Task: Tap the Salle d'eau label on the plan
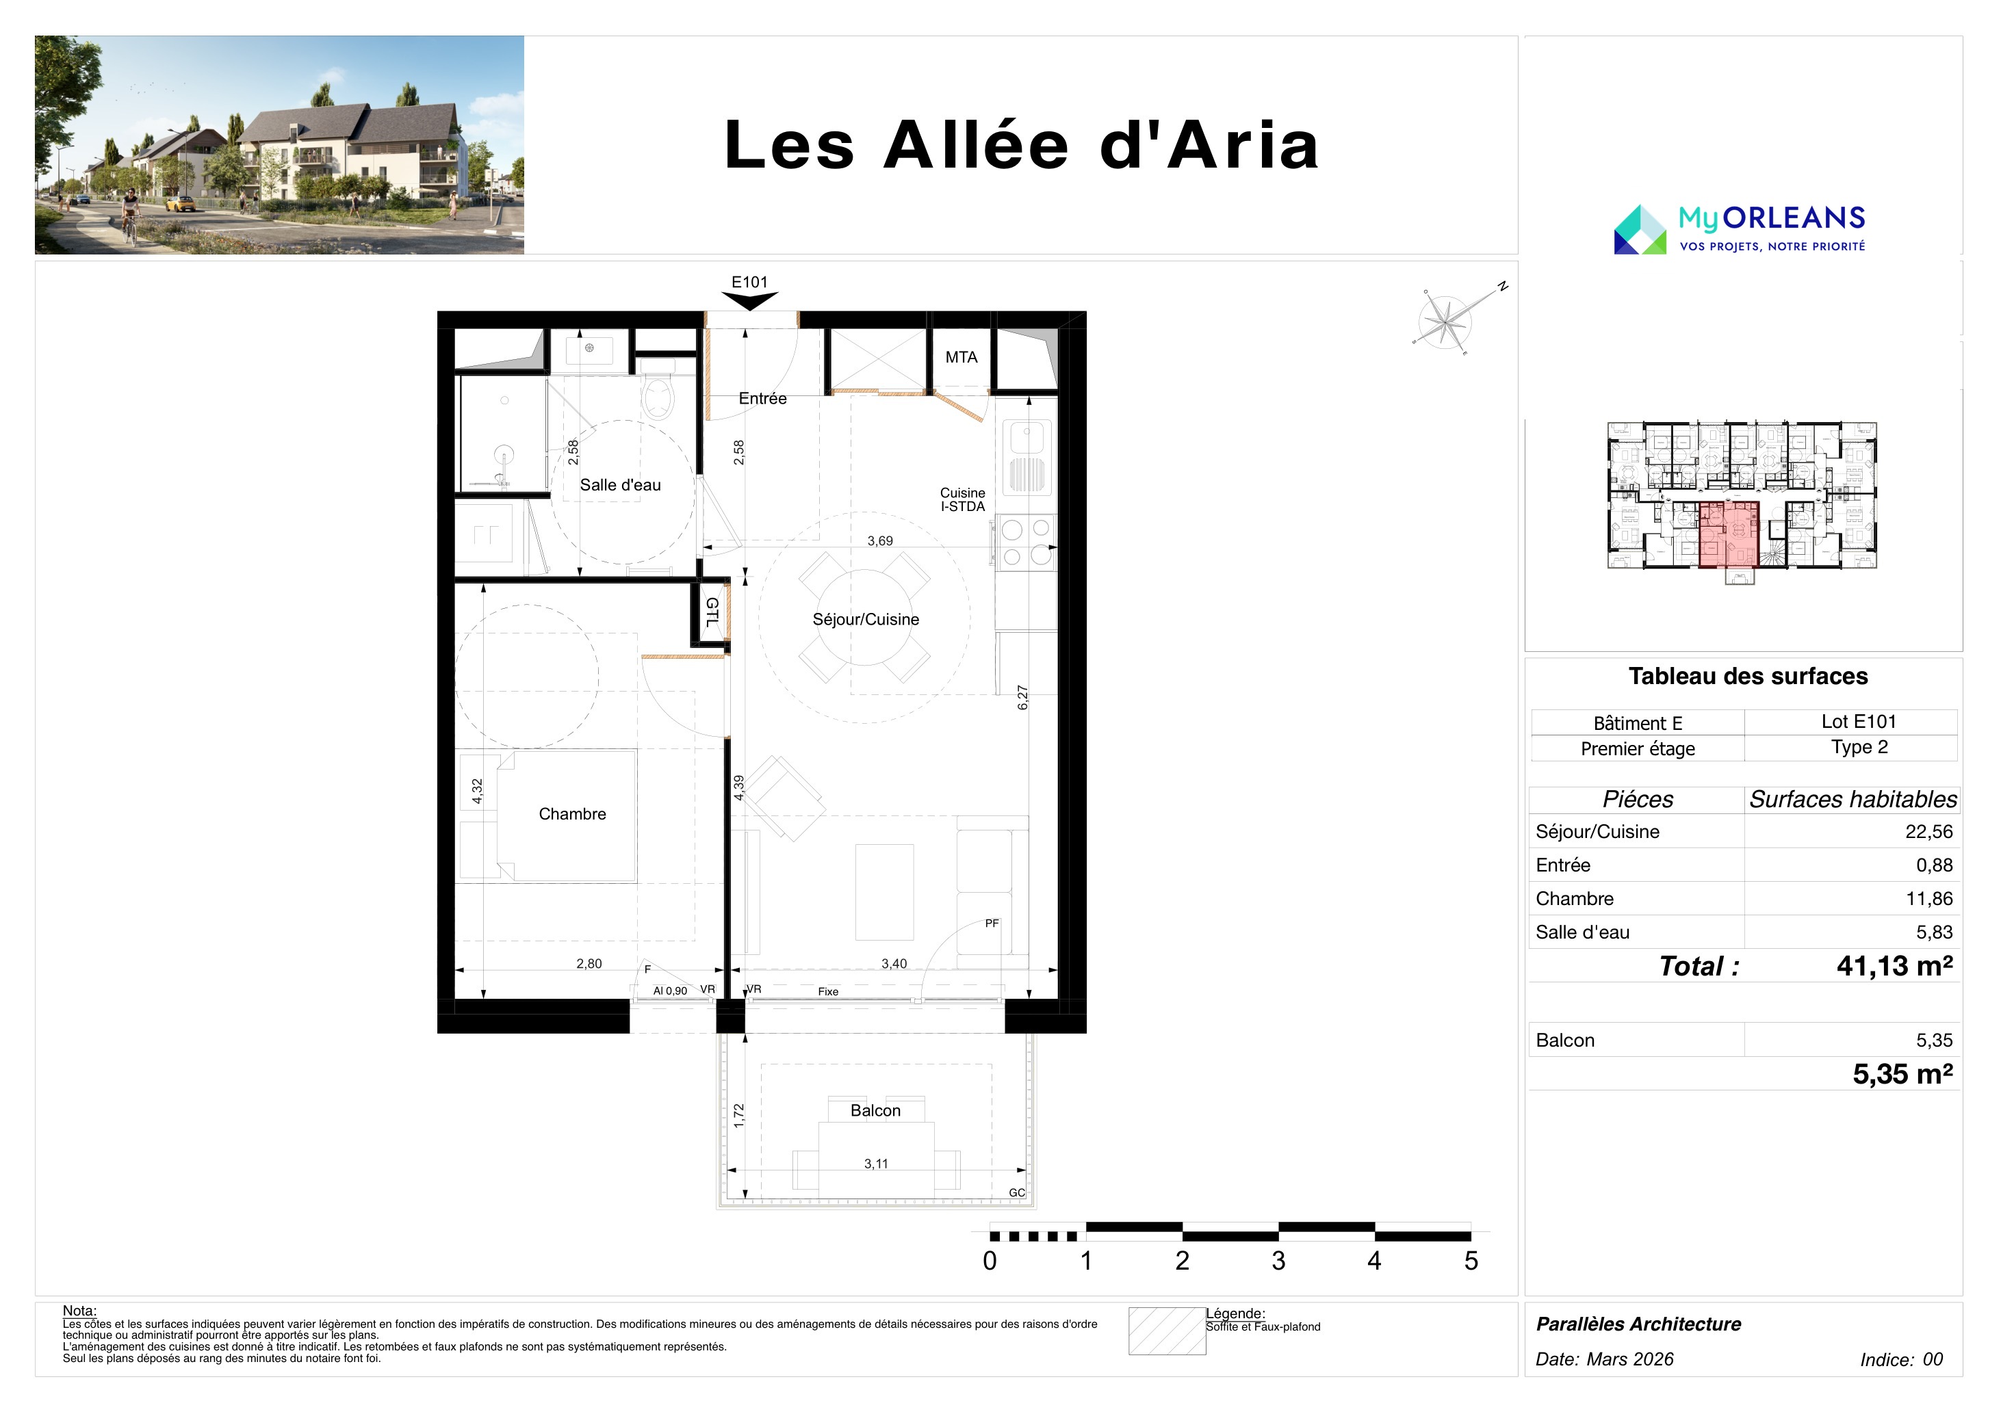(x=621, y=485)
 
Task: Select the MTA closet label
(x=961, y=357)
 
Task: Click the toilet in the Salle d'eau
(x=658, y=398)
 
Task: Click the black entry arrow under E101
(x=749, y=302)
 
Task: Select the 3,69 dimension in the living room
(x=880, y=541)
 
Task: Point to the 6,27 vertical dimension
(x=1022, y=698)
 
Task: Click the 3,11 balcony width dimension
(x=876, y=1164)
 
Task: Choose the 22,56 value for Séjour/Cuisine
(x=1928, y=831)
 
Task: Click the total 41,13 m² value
(x=1895, y=966)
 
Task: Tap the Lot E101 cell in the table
(x=1859, y=722)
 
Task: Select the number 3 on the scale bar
(x=1278, y=1261)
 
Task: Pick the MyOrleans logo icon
(x=1640, y=229)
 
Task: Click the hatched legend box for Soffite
(x=1167, y=1331)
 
